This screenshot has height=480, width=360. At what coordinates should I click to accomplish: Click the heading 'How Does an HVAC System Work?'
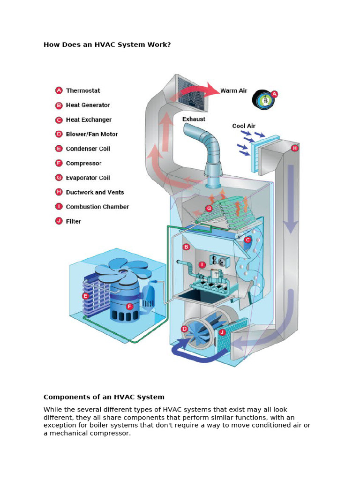(x=107, y=45)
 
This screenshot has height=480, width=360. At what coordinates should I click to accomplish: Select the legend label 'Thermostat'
(x=83, y=90)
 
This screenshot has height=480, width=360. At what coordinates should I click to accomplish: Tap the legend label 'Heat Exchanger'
(x=89, y=120)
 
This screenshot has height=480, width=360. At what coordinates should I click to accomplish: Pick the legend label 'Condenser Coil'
(x=88, y=149)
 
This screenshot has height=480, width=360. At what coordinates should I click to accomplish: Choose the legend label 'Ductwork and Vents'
(x=95, y=192)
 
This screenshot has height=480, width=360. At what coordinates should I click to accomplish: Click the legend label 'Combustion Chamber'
(x=97, y=207)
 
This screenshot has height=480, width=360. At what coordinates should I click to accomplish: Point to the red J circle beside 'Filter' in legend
(x=59, y=221)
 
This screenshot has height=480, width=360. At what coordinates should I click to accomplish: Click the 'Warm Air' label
(x=233, y=90)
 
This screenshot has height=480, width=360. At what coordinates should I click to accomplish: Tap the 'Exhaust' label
(x=194, y=119)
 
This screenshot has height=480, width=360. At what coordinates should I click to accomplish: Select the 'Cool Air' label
(x=244, y=126)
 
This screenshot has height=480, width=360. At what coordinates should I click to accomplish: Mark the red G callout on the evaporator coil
(x=209, y=209)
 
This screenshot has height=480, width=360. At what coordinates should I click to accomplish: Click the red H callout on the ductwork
(x=294, y=148)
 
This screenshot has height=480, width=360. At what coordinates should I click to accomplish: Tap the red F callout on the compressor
(x=130, y=307)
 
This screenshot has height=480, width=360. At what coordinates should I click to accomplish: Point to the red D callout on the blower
(x=184, y=329)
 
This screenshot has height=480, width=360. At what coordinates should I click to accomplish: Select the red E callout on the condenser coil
(x=85, y=296)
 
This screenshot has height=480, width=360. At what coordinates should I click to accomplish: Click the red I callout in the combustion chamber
(x=202, y=265)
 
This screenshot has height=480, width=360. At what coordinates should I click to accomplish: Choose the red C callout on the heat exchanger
(x=248, y=240)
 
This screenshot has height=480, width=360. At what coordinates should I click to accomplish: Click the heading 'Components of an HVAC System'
(x=104, y=397)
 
